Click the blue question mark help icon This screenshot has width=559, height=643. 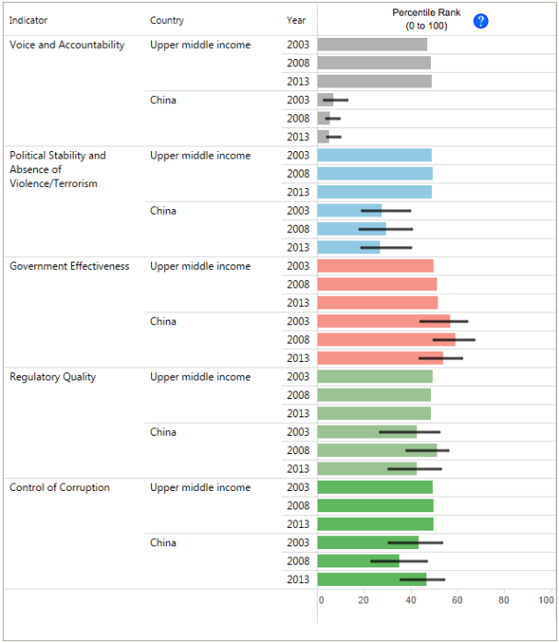[480, 21]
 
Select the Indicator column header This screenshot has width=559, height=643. [29, 20]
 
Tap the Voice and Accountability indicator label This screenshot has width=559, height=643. [67, 45]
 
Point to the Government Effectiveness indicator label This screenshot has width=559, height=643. [69, 266]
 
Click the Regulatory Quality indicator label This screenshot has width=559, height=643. [52, 377]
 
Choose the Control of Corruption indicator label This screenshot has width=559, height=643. [60, 487]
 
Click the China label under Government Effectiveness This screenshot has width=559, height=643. [163, 321]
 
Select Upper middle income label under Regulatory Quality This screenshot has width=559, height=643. [200, 377]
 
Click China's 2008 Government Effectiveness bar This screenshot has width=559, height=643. [386, 340]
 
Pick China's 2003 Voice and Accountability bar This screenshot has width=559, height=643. [326, 99]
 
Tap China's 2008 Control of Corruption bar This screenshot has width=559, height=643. [358, 561]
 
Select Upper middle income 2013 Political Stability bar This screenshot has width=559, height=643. [374, 192]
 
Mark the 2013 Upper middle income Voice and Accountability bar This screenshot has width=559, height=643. [374, 81]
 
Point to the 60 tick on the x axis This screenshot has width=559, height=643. [458, 601]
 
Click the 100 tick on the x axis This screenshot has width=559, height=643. [546, 601]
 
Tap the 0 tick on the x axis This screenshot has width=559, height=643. [321, 601]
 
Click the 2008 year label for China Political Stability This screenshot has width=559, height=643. [297, 229]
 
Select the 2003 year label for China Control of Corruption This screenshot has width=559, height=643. [297, 543]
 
